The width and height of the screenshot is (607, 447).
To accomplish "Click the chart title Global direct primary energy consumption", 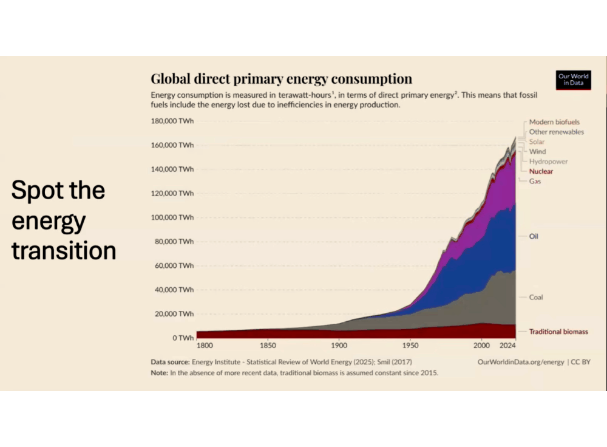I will [281, 79].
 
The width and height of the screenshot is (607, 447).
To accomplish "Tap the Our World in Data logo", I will [573, 80].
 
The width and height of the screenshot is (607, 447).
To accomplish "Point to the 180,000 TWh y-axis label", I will [172, 121].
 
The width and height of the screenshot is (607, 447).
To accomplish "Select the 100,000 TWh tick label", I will [172, 217].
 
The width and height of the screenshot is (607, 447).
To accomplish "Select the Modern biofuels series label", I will [554, 122].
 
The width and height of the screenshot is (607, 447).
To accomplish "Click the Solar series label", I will [537, 142].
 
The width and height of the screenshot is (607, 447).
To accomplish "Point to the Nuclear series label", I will [541, 172].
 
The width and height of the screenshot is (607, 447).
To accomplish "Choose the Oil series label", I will [534, 236].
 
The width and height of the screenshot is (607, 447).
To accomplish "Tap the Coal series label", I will [535, 298].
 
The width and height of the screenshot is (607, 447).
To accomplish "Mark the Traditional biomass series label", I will [558, 332].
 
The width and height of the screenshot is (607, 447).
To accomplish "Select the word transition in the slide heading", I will [64, 250].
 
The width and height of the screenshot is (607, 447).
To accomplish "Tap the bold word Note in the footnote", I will [159, 373].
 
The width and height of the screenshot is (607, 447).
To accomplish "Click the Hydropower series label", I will [548, 162].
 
